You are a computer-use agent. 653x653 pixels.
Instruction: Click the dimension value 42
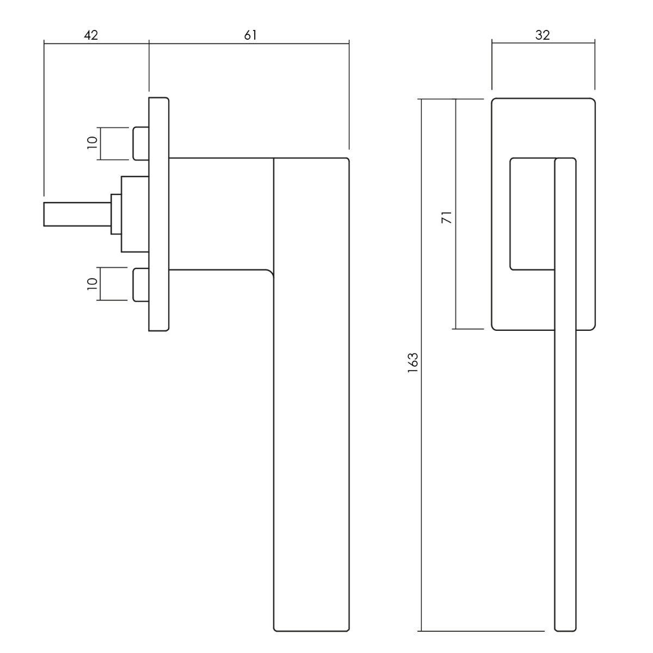(91, 35)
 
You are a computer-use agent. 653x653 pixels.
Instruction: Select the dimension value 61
(250, 35)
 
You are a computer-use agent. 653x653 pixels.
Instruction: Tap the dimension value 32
(543, 35)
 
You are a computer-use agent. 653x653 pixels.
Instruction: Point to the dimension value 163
(413, 363)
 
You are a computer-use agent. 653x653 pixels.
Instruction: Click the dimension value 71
(447, 217)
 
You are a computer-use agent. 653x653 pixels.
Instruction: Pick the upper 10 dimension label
(92, 143)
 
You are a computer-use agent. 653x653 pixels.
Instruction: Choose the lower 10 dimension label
(92, 284)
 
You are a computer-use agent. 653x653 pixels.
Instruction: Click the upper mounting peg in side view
(140, 143)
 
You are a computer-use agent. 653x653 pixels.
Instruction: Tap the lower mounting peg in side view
(140, 285)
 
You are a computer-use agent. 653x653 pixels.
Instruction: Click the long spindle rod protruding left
(77, 214)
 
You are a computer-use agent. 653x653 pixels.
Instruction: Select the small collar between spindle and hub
(116, 214)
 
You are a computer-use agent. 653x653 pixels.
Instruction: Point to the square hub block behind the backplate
(135, 214)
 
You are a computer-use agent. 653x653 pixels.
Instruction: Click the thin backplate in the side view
(158, 214)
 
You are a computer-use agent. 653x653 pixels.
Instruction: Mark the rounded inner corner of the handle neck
(270, 273)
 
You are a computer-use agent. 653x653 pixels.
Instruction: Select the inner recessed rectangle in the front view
(532, 214)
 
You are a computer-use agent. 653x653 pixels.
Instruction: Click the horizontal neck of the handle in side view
(221, 214)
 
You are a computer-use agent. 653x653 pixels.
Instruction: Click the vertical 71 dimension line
(456, 214)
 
